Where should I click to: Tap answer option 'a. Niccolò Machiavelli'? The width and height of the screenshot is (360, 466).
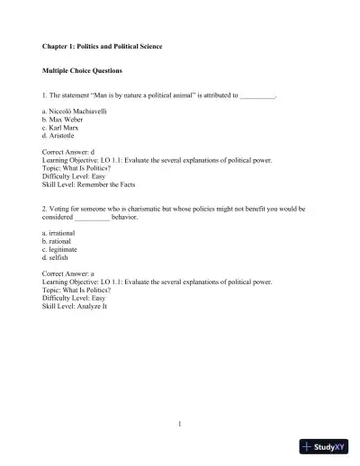point(76,110)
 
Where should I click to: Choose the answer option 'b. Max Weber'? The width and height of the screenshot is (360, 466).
point(64,118)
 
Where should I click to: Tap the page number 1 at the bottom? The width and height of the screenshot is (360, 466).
point(180,423)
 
